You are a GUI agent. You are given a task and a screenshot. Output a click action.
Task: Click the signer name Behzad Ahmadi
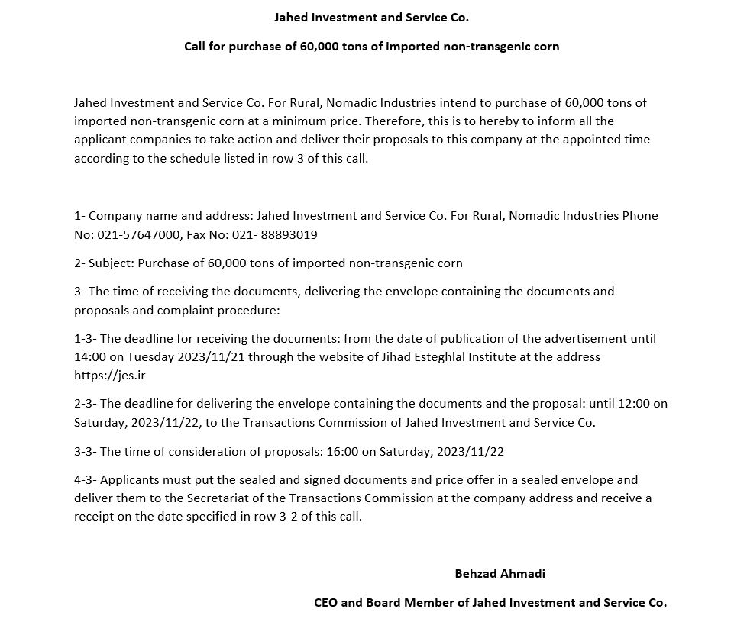(x=500, y=573)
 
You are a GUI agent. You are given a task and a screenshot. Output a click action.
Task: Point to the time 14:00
(x=90, y=357)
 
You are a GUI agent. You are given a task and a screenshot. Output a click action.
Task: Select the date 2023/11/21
(x=213, y=357)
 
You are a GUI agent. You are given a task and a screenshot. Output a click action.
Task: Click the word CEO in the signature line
(x=326, y=602)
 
